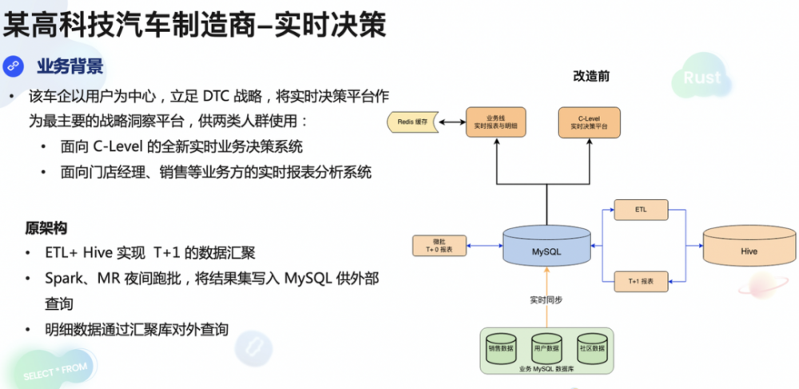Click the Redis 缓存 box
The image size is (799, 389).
pos(411,122)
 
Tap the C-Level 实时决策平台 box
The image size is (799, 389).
pos(589,122)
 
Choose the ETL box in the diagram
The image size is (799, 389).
pos(641,210)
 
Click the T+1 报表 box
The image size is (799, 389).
pos(641,281)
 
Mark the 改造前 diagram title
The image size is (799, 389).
pos(591,76)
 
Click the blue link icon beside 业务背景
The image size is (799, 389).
pos(14,66)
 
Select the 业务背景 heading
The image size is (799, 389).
pos(70,66)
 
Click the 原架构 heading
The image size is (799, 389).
pos(46,228)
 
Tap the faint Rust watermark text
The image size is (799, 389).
pos(702,77)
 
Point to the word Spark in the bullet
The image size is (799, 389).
pos(66,279)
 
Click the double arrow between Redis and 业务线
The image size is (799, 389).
pos(450,122)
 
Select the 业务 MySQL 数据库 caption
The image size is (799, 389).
pos(547,368)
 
